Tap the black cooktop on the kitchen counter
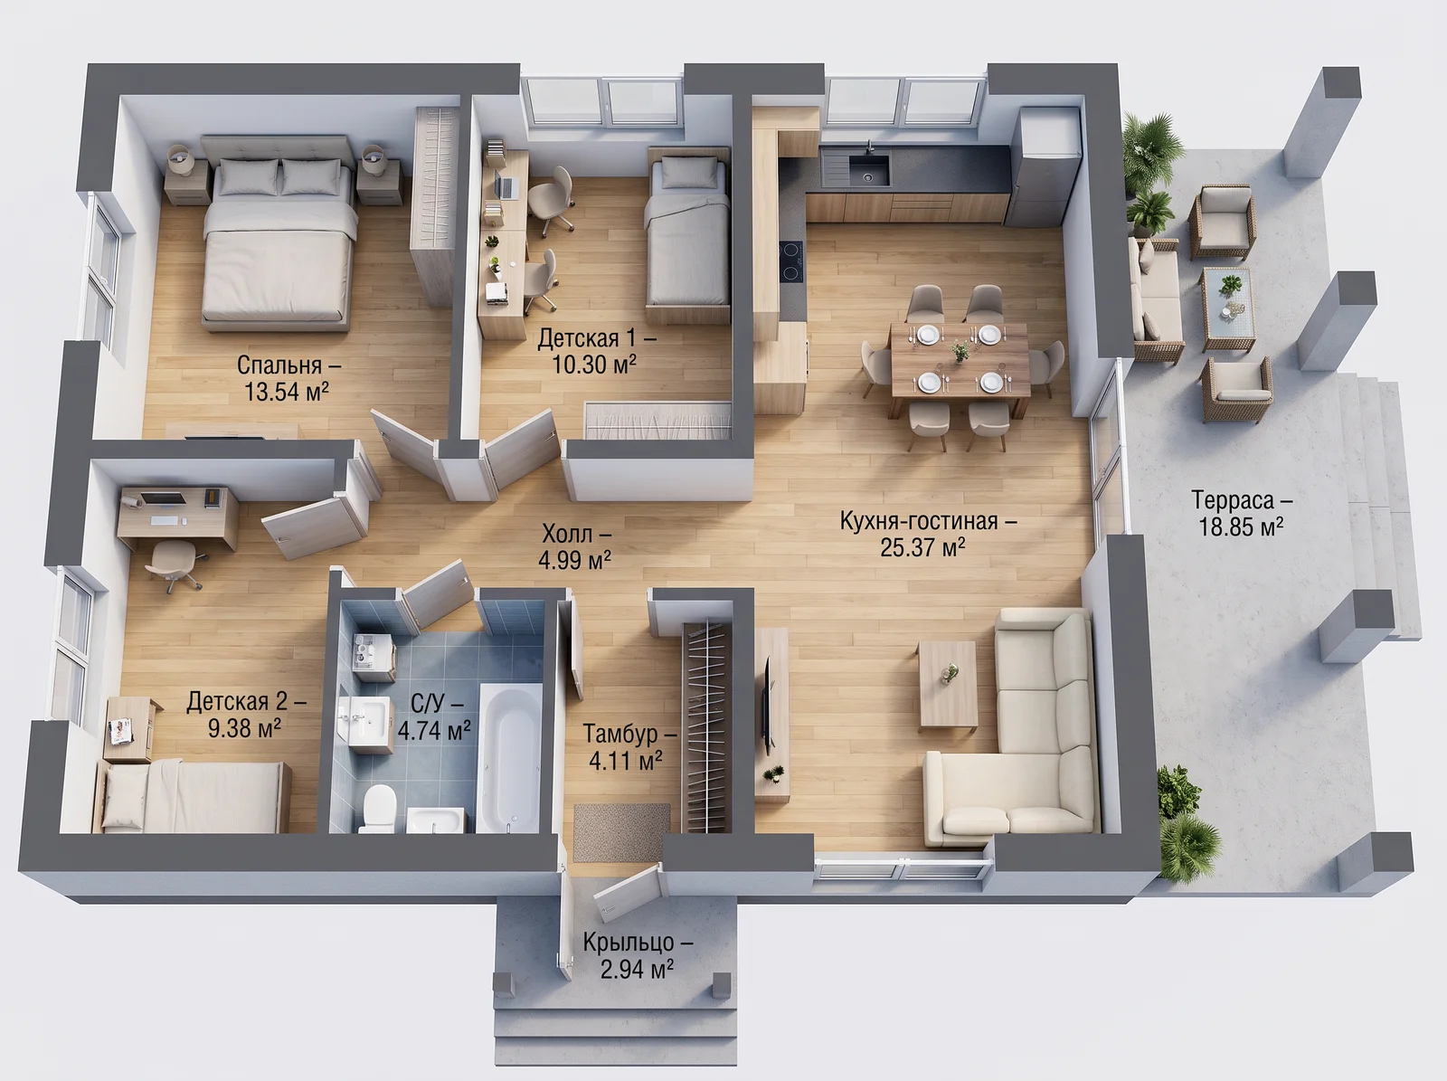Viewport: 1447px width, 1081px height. coord(791,261)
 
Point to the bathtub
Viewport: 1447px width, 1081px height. coord(509,758)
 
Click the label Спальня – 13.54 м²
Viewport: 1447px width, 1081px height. coord(288,378)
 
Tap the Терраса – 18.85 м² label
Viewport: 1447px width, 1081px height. coord(1242,514)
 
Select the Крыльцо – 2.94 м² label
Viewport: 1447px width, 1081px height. coord(637,956)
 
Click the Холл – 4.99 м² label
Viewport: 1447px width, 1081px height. coord(575,546)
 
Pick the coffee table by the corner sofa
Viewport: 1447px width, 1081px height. coord(947,686)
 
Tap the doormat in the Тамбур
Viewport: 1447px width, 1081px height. coord(620,832)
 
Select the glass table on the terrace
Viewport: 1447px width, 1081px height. coord(1227,308)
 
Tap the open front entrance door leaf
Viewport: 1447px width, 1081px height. coord(627,892)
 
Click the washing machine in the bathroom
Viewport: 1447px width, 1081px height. coord(374,657)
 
